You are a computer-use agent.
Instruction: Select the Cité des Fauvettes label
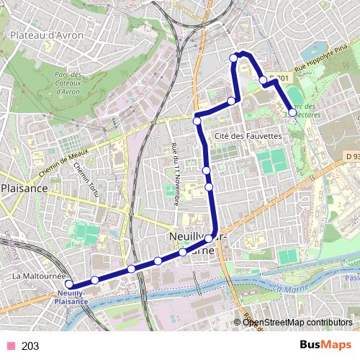point(247,136)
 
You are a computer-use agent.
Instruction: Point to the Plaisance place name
point(24,188)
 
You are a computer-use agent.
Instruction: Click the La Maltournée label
point(39,276)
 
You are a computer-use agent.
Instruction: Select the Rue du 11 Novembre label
point(175,174)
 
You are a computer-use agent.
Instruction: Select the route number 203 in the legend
point(30,346)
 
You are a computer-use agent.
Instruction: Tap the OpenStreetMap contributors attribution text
point(297,323)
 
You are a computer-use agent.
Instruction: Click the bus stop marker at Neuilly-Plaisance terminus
point(70,285)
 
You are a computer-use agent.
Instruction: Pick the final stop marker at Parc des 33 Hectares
point(292,112)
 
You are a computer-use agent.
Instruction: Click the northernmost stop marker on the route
point(233,58)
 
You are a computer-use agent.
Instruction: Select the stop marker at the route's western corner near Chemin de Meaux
point(197,121)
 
